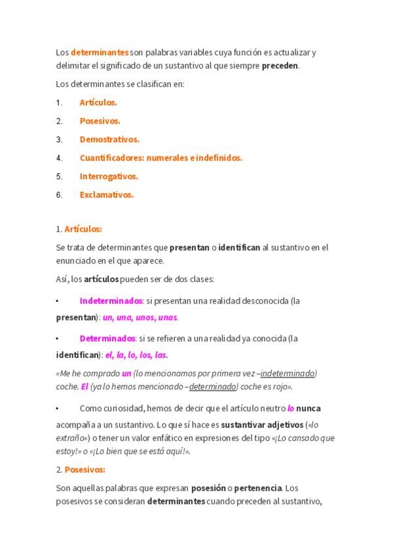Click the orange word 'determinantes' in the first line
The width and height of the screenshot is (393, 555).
pyautogui.click(x=100, y=52)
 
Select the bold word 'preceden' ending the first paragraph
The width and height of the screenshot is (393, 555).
pyautogui.click(x=280, y=65)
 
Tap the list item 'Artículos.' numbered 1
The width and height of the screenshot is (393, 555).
pyautogui.click(x=98, y=103)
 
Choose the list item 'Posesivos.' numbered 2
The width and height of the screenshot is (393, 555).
pyautogui.click(x=100, y=121)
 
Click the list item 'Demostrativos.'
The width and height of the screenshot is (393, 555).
pyautogui.click(x=109, y=139)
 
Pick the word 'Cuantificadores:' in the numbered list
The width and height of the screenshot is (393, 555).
pyautogui.click(x=111, y=158)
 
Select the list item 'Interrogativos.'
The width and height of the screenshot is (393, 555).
pyautogui.click(x=109, y=176)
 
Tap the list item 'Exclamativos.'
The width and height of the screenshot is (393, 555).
pyautogui.click(x=106, y=194)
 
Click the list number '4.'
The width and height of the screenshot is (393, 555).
pyautogui.click(x=59, y=158)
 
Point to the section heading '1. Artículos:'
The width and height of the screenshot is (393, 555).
pyautogui.click(x=79, y=229)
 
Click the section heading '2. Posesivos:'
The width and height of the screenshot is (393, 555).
pyautogui.click(x=81, y=469)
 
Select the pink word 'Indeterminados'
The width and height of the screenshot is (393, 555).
pyautogui.click(x=111, y=301)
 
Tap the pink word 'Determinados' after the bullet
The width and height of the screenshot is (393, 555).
pyautogui.click(x=107, y=338)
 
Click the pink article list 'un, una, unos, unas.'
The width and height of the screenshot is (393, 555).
pyautogui.click(x=140, y=317)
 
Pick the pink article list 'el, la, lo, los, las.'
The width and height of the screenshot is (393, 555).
pyautogui.click(x=136, y=355)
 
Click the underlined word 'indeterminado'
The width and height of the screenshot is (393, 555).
pyautogui.click(x=288, y=373)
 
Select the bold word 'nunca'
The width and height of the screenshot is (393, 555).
pyautogui.click(x=308, y=408)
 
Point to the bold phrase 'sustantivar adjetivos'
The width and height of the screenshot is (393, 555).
pyautogui.click(x=261, y=424)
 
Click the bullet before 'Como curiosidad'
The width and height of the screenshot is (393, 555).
pyautogui.click(x=58, y=408)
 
